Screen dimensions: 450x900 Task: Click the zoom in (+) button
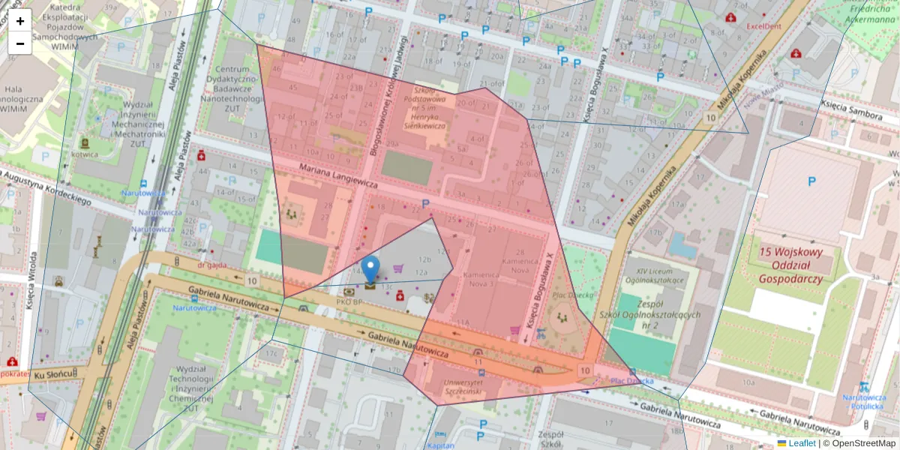[x=20, y=20]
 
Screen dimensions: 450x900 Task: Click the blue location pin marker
[x=370, y=270]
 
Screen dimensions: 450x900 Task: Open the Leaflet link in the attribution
[x=802, y=443]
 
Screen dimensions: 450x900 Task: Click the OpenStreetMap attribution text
[x=863, y=443]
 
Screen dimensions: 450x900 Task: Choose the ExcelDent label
[x=763, y=26]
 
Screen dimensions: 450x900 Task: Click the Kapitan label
[x=441, y=445]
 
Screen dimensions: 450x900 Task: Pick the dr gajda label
[x=212, y=265]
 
